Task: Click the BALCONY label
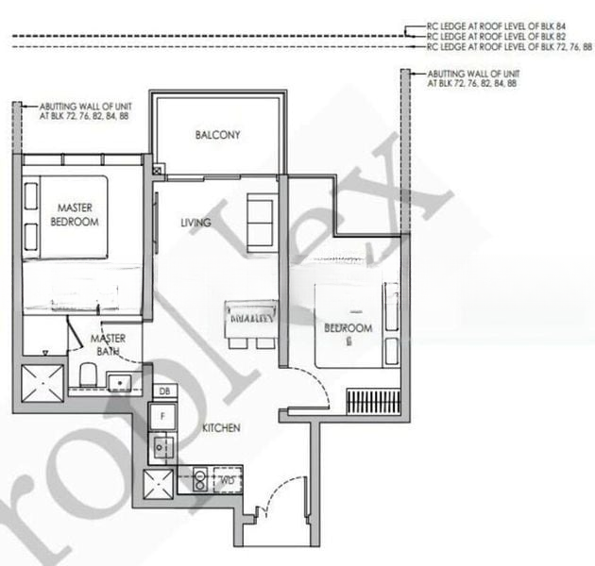coord(217,135)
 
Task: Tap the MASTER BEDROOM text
coord(77,214)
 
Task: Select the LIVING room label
coord(195,223)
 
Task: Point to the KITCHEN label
coord(221,428)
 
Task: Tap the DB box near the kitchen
coord(163,391)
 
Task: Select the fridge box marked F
coord(163,413)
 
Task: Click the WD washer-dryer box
coord(227,480)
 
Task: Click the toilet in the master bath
coord(86,375)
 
